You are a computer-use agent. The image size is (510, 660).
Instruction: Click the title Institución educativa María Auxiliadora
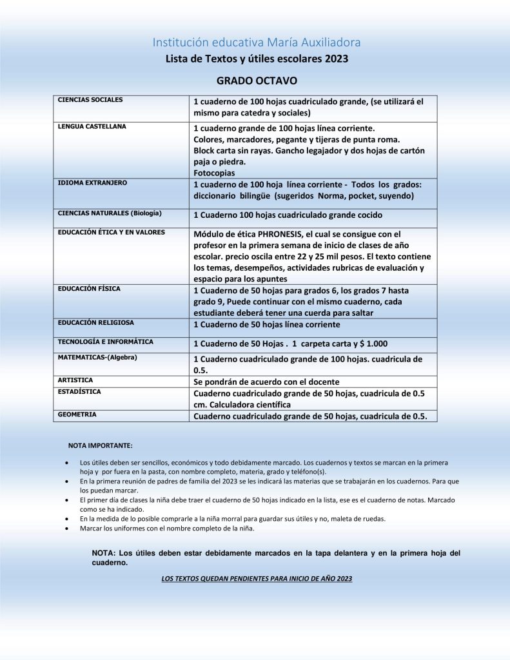(x=257, y=43)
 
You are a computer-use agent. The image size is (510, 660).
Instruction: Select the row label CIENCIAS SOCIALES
(x=90, y=100)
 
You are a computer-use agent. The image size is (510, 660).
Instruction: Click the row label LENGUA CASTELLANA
(x=92, y=126)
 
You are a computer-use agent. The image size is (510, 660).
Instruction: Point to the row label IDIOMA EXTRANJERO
(x=92, y=182)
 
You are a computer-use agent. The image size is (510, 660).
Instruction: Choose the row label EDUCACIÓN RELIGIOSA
(x=96, y=323)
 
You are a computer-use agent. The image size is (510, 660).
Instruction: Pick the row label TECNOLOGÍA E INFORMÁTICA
(x=106, y=342)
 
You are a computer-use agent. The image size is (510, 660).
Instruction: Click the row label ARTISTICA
(x=75, y=380)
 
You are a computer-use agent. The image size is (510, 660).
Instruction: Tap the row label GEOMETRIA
(x=77, y=414)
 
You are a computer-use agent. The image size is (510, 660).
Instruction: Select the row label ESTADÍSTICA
(x=79, y=391)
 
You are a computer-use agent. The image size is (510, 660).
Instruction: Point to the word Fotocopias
(x=214, y=173)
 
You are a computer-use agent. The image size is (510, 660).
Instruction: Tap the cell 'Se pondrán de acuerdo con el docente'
(x=266, y=382)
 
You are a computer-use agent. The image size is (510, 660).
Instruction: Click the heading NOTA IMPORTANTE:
(x=101, y=445)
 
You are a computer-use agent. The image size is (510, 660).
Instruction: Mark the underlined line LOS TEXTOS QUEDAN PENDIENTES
(x=257, y=579)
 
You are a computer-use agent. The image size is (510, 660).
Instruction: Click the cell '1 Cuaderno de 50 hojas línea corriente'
(x=267, y=325)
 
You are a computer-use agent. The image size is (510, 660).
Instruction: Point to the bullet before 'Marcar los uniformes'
(x=67, y=529)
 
